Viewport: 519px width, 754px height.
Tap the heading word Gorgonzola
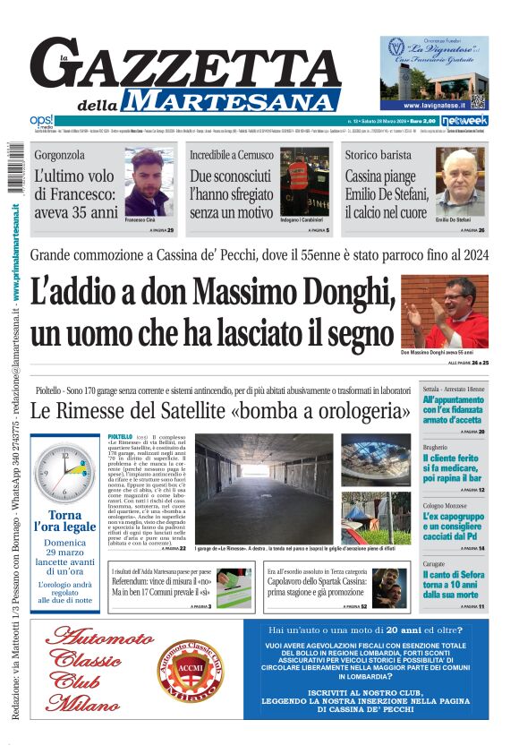tap(60, 155)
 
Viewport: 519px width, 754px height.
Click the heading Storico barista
tap(378, 155)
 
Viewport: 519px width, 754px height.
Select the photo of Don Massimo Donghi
tap(444, 312)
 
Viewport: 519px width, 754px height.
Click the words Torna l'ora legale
tap(65, 522)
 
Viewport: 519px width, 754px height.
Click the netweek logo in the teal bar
tap(466, 120)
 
